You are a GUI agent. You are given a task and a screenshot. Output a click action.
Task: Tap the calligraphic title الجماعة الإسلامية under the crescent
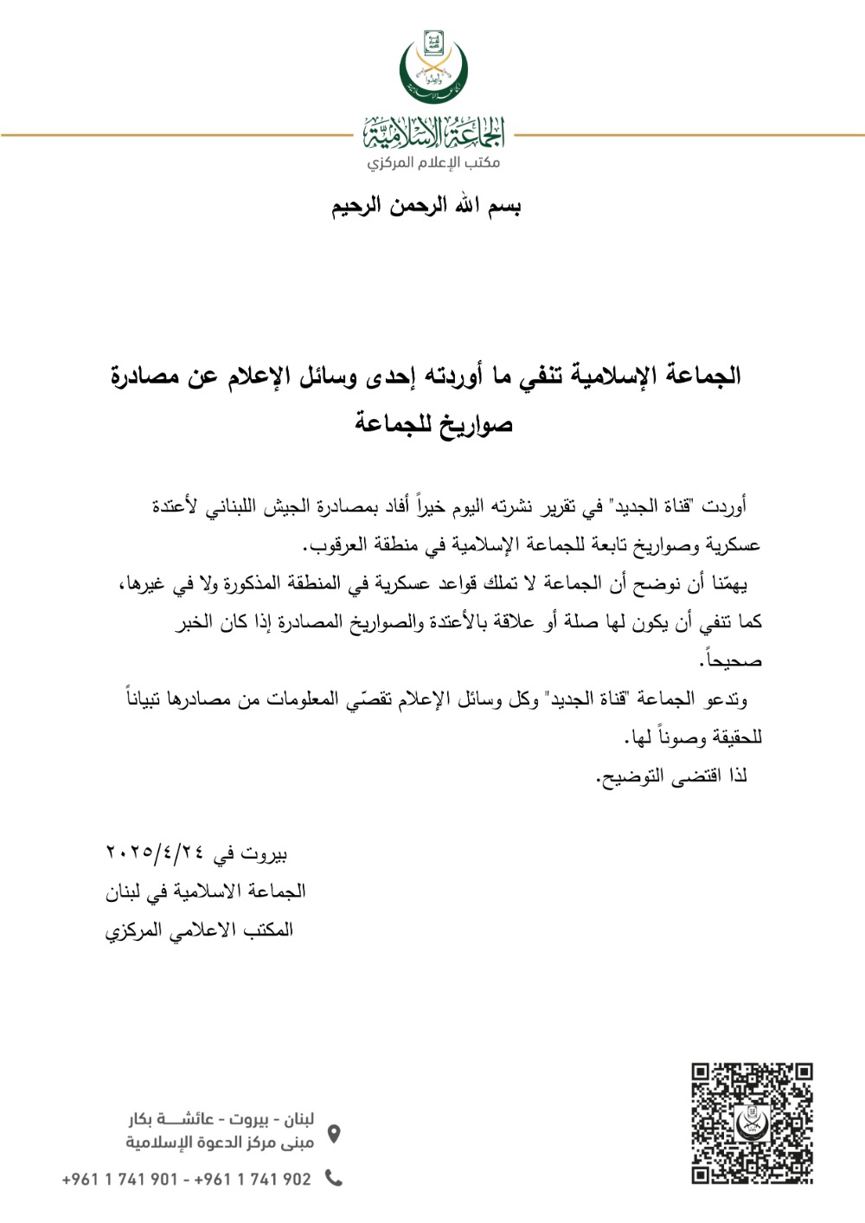pyautogui.click(x=433, y=133)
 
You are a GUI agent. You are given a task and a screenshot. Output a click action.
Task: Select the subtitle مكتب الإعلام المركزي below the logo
pyautogui.click(x=433, y=162)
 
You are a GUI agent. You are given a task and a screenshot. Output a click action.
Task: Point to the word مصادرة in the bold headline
pyautogui.click(x=145, y=377)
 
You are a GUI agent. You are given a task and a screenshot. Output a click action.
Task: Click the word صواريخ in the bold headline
pyautogui.click(x=475, y=424)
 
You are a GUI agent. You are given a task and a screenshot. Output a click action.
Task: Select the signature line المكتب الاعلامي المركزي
pyautogui.click(x=200, y=930)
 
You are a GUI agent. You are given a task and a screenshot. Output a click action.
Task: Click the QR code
pyautogui.click(x=752, y=1123)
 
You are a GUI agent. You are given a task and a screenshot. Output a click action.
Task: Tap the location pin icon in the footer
pyautogui.click(x=334, y=1133)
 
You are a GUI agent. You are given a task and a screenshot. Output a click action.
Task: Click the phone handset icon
pyautogui.click(x=334, y=1178)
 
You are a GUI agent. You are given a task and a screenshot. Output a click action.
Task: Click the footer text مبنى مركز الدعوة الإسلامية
pyautogui.click(x=220, y=1143)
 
